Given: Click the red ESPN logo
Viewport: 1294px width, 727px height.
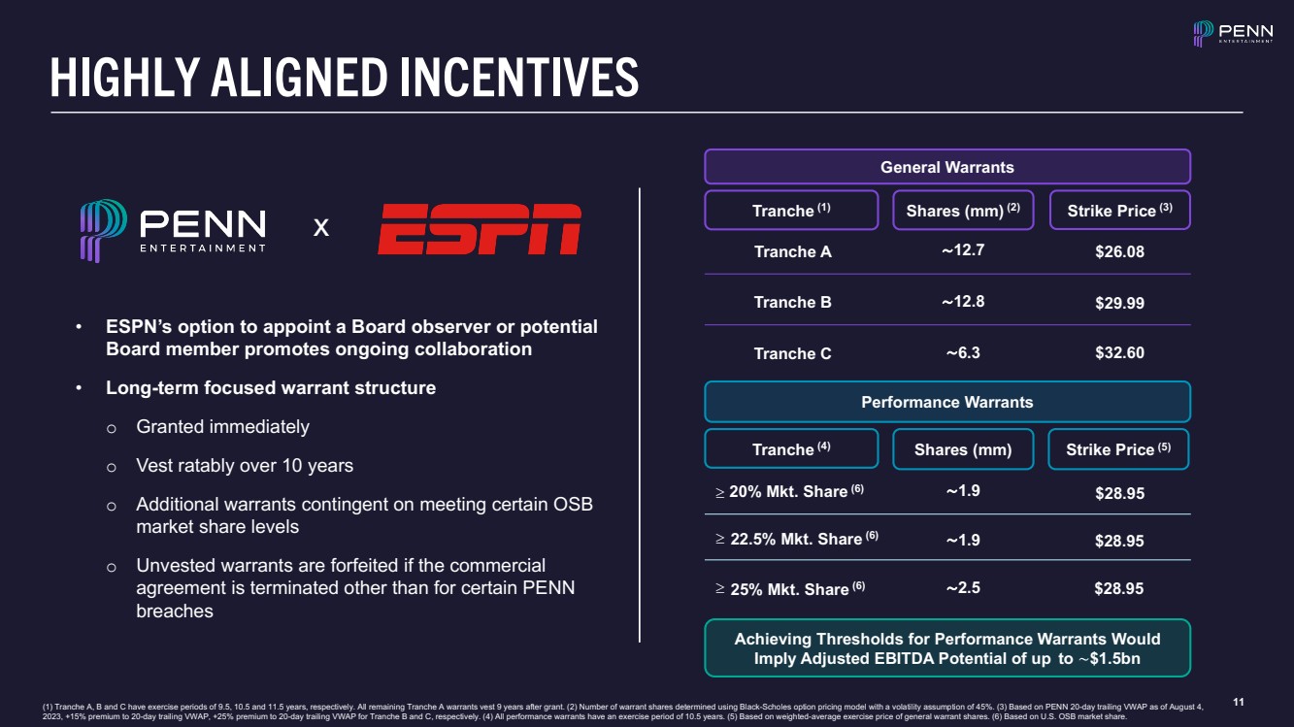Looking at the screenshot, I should tap(480, 229).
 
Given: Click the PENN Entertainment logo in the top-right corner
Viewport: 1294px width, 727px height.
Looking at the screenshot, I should tap(1233, 34).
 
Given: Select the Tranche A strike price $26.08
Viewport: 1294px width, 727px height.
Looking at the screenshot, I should tap(1119, 252).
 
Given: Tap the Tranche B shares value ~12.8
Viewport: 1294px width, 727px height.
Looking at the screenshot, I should tap(963, 301).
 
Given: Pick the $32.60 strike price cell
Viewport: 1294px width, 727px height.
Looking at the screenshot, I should tap(1119, 353).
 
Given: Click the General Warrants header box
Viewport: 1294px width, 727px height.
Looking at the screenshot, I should tap(946, 167).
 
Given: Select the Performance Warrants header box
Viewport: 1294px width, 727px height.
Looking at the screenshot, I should tap(946, 402).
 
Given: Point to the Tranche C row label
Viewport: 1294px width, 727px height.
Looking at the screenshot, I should tap(792, 353).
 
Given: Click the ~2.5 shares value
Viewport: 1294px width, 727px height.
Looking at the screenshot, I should tap(963, 587).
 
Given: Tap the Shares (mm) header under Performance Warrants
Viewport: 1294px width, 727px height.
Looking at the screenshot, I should tap(963, 449).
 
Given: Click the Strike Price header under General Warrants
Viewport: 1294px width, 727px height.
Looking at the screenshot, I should tap(1119, 211).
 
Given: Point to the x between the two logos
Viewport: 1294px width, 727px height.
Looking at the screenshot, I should tap(321, 228).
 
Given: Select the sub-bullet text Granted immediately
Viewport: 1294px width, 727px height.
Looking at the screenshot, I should tap(222, 427).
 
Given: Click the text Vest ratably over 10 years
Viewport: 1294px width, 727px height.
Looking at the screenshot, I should tap(245, 466).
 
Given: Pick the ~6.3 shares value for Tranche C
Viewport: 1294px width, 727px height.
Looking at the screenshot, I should tap(963, 353).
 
